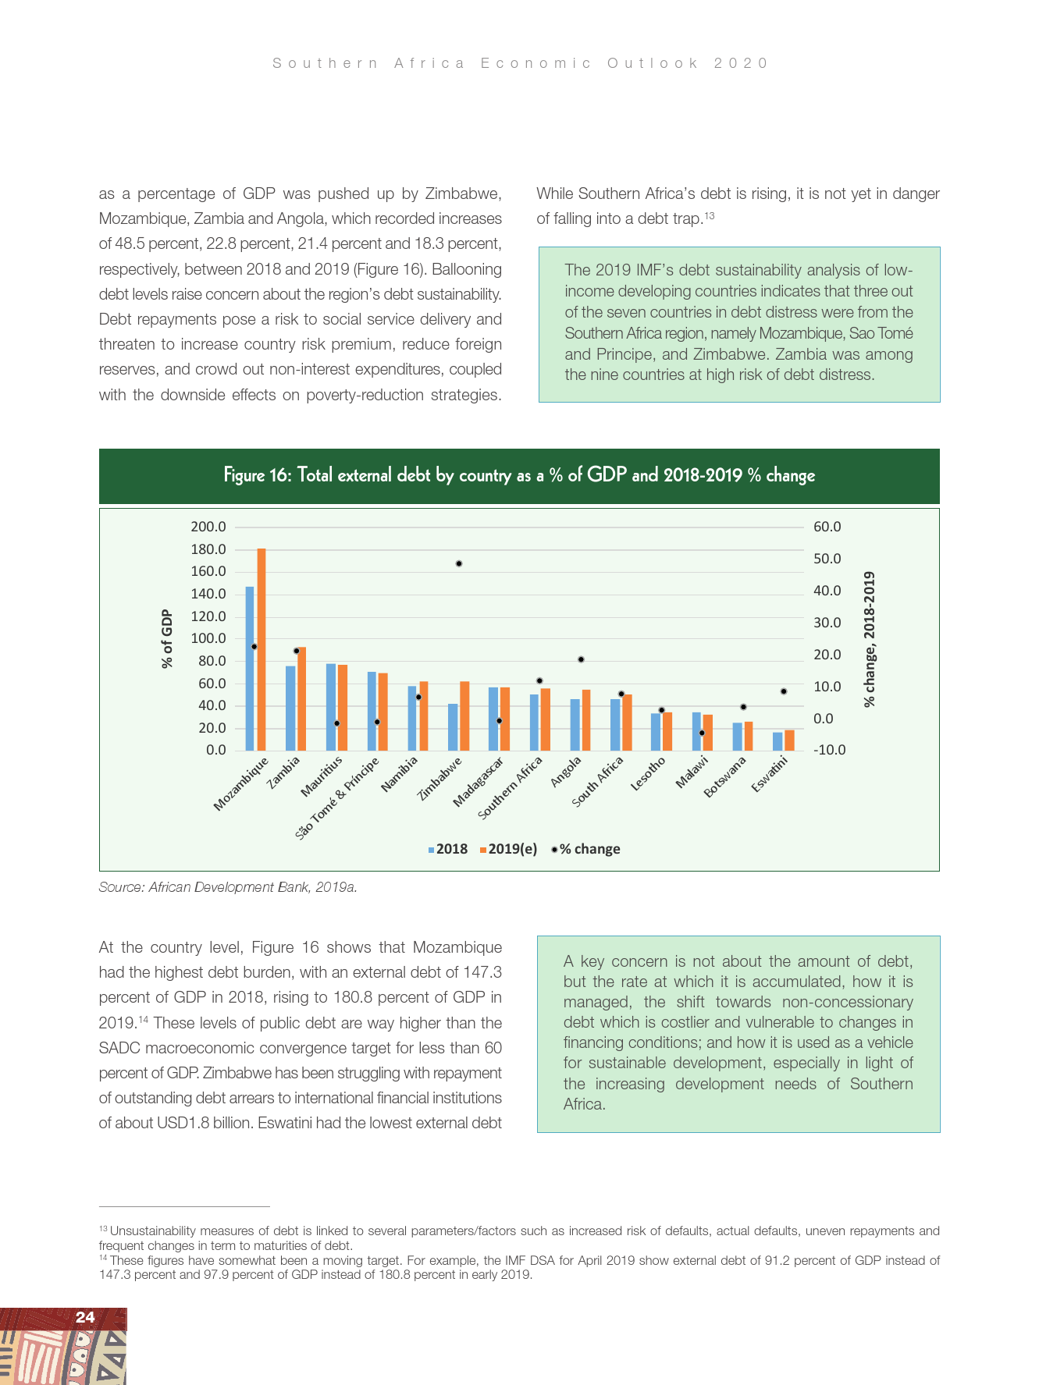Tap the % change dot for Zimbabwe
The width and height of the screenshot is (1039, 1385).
(459, 563)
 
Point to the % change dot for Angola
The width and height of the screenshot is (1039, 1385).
(581, 659)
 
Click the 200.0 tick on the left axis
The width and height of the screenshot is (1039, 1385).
(208, 527)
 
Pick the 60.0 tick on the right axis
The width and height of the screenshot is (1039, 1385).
(827, 527)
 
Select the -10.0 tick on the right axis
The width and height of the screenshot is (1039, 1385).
(829, 750)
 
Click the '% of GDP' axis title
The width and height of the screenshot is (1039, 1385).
(166, 638)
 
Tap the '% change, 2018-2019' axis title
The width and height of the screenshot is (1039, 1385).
(869, 639)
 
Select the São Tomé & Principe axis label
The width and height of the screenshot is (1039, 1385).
(337, 797)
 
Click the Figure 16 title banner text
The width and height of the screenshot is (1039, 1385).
(519, 475)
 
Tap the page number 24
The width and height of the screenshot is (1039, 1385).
(85, 1317)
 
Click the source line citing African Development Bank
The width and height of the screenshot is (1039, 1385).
(228, 887)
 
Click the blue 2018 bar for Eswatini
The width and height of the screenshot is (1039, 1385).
(777, 741)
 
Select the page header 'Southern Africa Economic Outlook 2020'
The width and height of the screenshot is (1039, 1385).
(520, 63)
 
